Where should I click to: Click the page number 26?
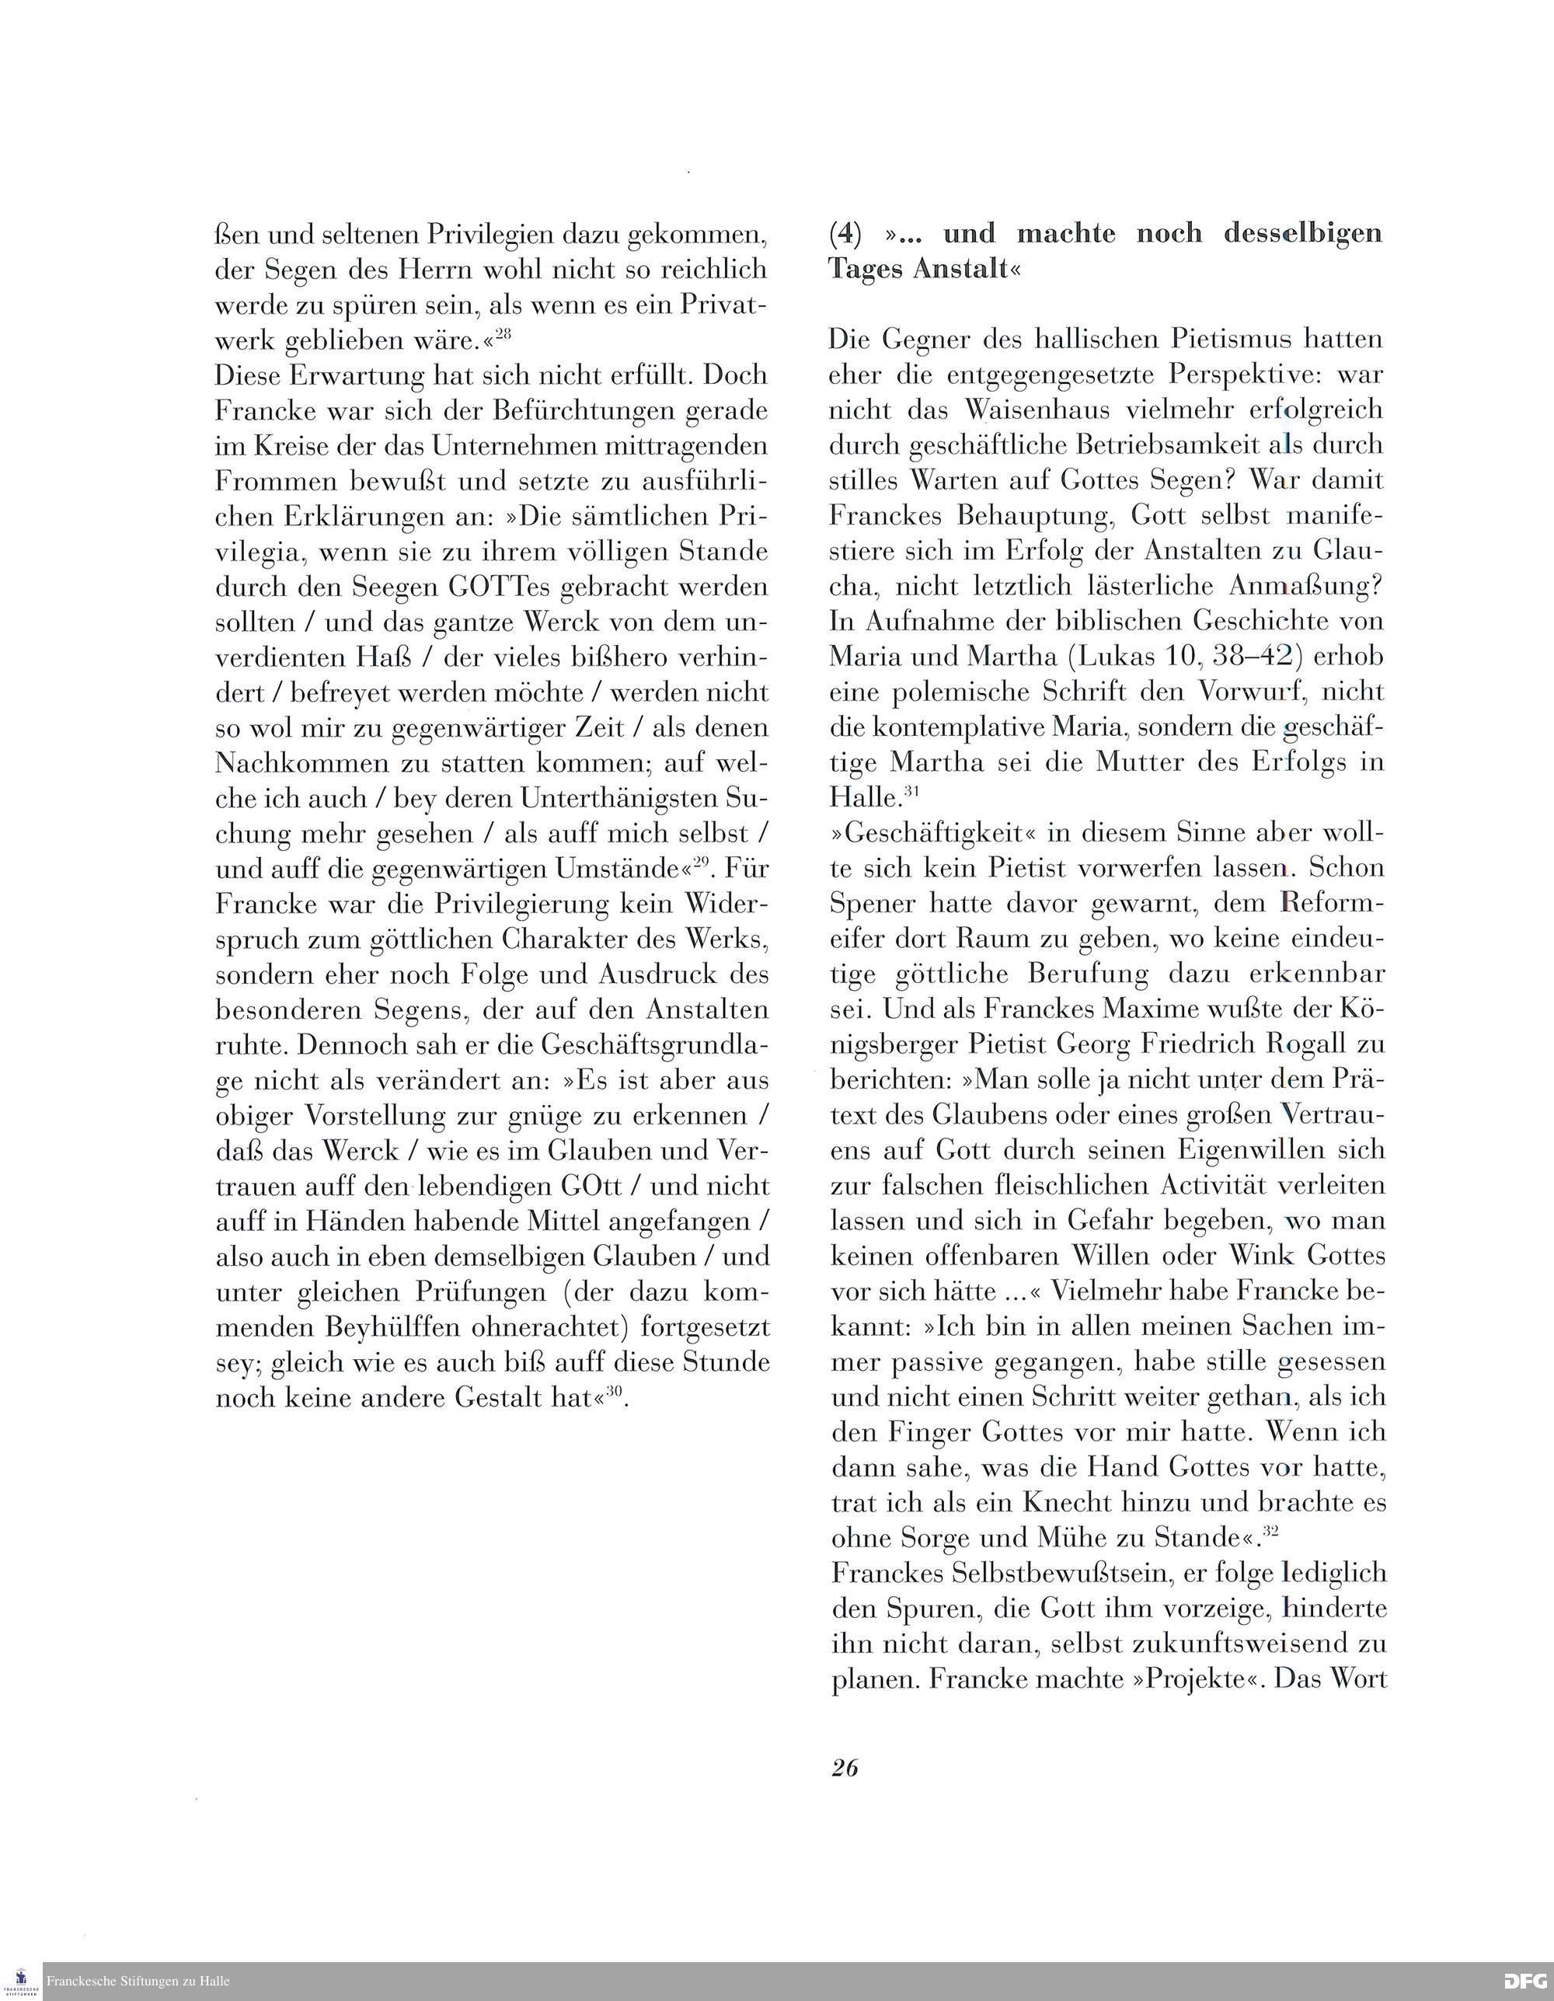[844, 1767]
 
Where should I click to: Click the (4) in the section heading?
[845, 235]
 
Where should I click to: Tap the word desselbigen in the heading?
[1303, 234]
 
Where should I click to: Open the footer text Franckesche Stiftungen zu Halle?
[138, 1981]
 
